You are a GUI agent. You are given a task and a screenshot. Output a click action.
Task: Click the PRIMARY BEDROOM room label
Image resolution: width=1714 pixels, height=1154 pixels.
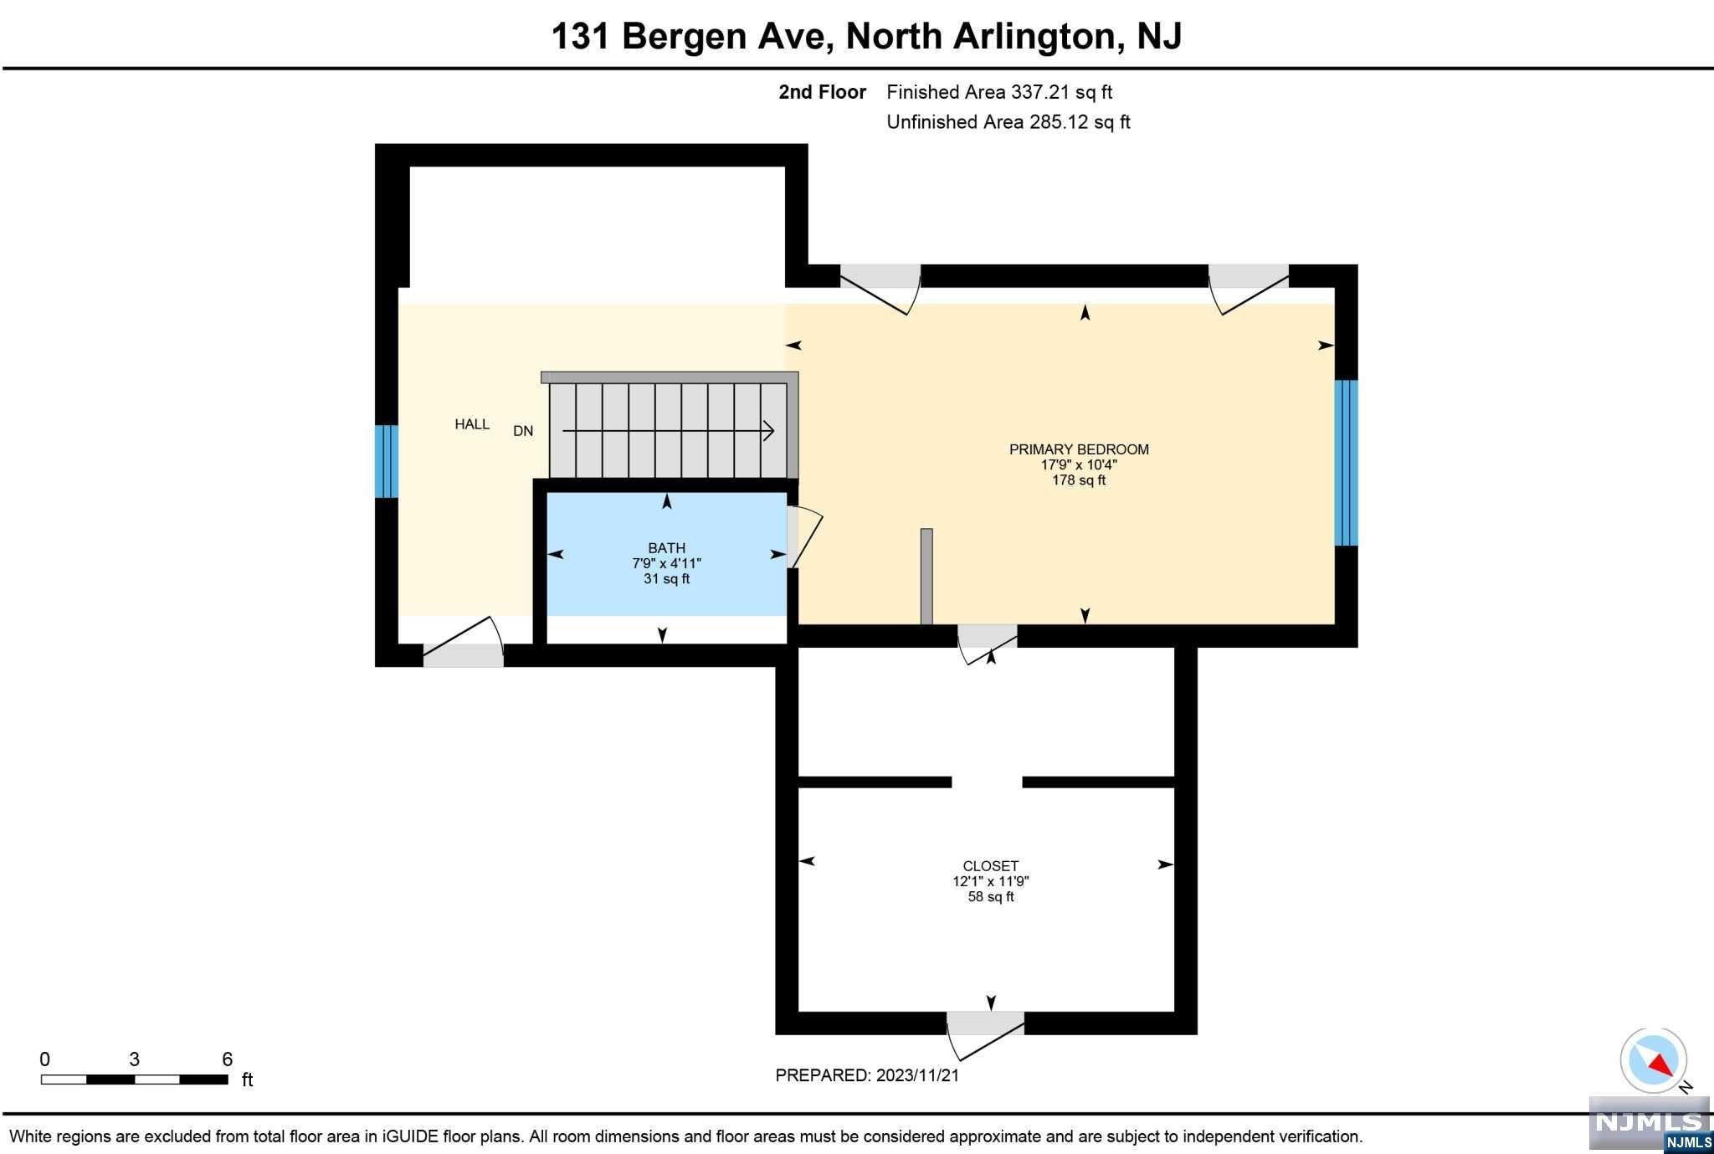tap(1079, 449)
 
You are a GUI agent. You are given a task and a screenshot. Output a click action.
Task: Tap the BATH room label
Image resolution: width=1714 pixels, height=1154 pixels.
tap(666, 548)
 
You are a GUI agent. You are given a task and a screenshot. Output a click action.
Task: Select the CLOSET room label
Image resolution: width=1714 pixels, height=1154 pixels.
tap(991, 866)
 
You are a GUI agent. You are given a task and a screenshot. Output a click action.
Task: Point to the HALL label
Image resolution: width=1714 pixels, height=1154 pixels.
tap(472, 424)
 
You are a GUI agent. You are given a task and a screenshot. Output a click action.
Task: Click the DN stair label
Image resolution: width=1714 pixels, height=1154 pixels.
tap(523, 431)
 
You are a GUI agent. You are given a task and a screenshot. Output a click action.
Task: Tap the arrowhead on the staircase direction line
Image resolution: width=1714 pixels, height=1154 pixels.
tap(768, 431)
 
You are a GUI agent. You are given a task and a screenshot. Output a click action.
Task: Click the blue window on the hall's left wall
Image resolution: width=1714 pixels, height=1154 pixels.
tap(386, 461)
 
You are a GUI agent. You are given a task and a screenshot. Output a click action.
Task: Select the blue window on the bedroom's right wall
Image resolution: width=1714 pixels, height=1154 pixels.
tap(1346, 463)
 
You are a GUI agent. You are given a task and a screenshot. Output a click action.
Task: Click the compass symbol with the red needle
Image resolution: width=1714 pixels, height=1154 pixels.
tap(1653, 1060)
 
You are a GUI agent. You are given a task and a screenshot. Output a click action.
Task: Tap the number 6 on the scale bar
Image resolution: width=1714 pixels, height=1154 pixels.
tap(227, 1059)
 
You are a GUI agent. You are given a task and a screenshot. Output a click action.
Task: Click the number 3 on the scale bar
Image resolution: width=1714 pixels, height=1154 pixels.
tap(134, 1059)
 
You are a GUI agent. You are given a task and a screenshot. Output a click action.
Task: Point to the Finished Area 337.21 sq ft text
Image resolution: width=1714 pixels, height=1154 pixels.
tap(999, 92)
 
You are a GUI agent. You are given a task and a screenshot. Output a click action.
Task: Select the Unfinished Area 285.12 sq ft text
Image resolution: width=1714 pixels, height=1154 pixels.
tap(1008, 122)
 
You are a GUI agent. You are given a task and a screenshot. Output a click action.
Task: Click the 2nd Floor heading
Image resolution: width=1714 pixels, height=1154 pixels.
tap(822, 92)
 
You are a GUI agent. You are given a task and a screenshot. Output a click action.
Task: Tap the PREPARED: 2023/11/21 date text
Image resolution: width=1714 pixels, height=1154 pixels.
tap(867, 1075)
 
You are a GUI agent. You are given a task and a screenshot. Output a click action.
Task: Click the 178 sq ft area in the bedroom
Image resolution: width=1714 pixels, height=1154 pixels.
tap(1079, 480)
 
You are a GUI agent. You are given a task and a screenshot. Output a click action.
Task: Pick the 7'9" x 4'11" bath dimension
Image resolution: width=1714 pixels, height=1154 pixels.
tap(666, 563)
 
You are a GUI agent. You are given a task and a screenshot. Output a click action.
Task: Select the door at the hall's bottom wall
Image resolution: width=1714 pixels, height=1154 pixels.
tap(463, 644)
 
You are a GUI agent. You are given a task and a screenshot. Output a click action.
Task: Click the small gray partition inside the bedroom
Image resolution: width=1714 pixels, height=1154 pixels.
tap(926, 577)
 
